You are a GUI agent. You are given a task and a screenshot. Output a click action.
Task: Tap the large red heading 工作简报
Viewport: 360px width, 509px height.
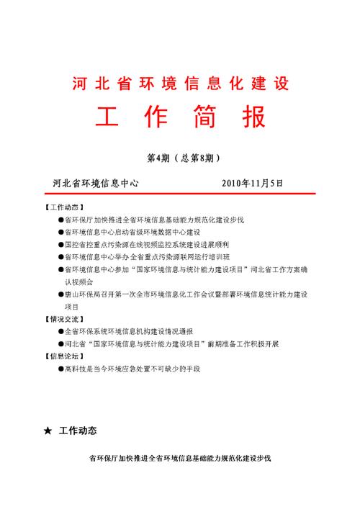coord(180,117)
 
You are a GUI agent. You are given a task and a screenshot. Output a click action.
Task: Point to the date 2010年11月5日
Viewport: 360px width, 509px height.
coord(258,182)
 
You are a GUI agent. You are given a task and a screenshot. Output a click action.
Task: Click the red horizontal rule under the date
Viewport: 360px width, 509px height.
coord(180,192)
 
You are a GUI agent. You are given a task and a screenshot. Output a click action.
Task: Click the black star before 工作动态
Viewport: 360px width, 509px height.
coord(48,431)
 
